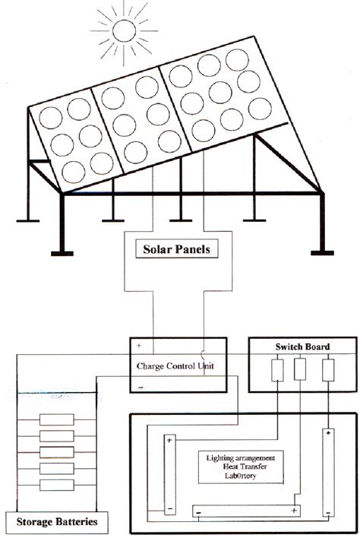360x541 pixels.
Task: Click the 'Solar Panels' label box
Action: pyautogui.click(x=180, y=249)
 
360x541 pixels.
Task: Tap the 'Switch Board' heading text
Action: pyautogui.click(x=302, y=346)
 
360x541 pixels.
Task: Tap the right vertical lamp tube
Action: pyautogui.click(x=329, y=471)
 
